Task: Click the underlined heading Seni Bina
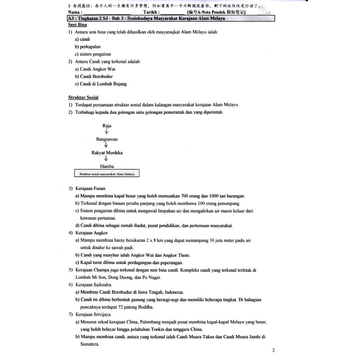pos(77,25)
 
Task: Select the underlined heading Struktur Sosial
pos(83,97)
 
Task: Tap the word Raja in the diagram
pos(107,126)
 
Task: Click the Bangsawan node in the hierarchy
pos(107,139)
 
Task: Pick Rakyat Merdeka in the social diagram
pos(107,153)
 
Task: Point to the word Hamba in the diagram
pos(107,166)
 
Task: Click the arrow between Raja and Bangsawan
pos(107,132)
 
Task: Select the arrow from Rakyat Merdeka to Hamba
pos(106,159)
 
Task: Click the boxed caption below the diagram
pos(107,174)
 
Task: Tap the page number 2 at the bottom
pos(274,351)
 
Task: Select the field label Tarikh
pos(152,12)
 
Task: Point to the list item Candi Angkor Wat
pos(97,69)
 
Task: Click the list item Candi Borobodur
pos(96,76)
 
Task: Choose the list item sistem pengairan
pos(95,54)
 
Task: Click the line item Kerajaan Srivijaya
pos(93,314)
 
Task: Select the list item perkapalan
pos(90,47)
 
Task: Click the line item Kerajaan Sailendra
pos(93,285)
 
